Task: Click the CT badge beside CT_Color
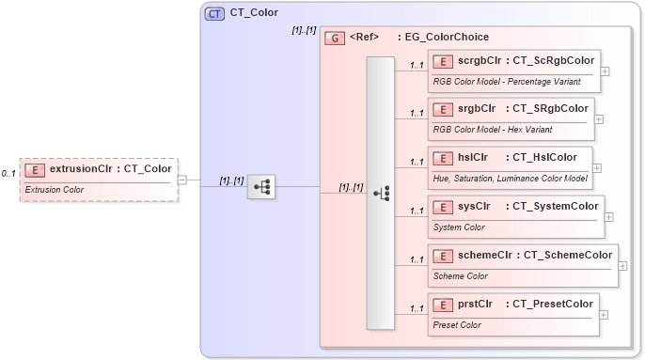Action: [214, 13]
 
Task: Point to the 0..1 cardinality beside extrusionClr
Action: [8, 173]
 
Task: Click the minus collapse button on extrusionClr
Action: [182, 180]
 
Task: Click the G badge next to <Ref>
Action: [334, 39]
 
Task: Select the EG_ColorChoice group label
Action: [446, 38]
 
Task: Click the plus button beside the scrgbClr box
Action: [605, 70]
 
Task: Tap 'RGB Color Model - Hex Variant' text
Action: [492, 129]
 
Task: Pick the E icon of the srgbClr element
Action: [443, 109]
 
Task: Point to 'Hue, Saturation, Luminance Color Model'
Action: [510, 178]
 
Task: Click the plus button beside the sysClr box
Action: [609, 216]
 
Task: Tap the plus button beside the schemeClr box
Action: [623, 265]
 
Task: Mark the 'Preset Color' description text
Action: [457, 324]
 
